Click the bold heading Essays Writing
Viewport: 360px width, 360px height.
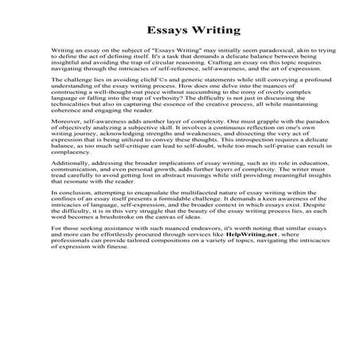coord(180,31)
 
